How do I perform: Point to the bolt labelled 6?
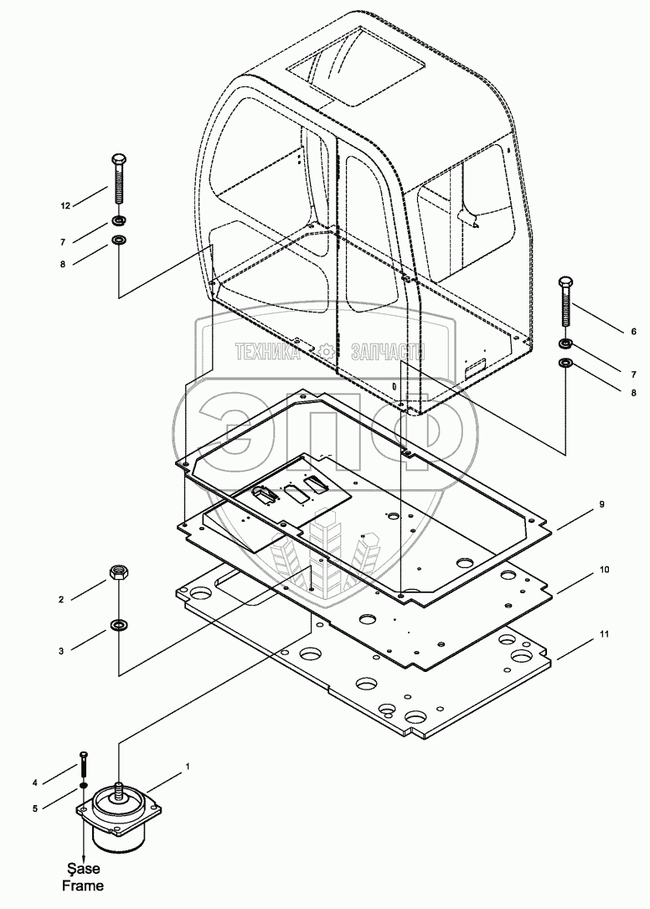[x=566, y=305]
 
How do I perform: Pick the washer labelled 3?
[x=119, y=625]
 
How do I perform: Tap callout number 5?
[x=59, y=808]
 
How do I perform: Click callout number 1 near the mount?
[x=188, y=766]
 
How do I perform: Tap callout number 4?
[x=59, y=783]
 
